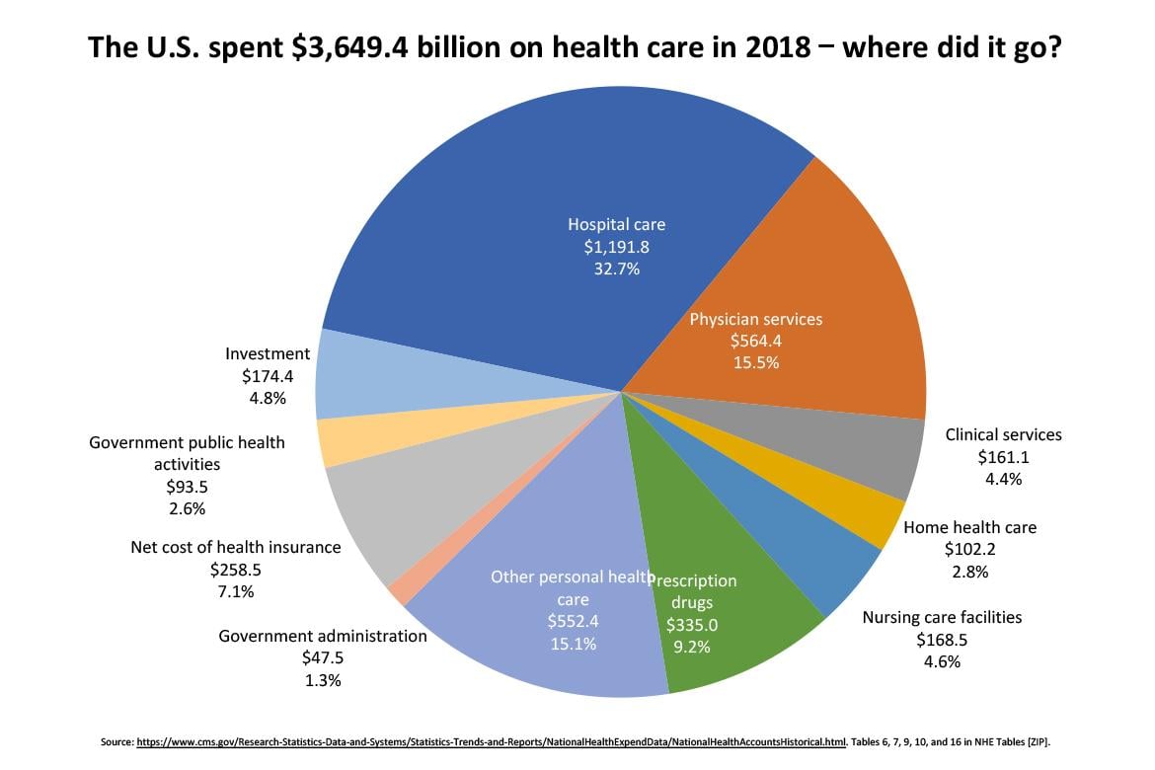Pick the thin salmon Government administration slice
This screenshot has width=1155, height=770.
coord(399,590)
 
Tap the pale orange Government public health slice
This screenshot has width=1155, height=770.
coord(341,442)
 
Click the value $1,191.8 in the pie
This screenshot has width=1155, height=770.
coord(616,246)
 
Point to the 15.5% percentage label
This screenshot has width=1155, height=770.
coord(755,362)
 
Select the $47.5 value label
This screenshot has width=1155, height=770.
coord(323,657)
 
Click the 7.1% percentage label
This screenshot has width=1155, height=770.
coord(235,591)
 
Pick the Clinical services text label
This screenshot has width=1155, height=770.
coord(1003,434)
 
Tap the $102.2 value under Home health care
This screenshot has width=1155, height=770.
coord(970,550)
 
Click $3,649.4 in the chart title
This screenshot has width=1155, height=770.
coord(354,46)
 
